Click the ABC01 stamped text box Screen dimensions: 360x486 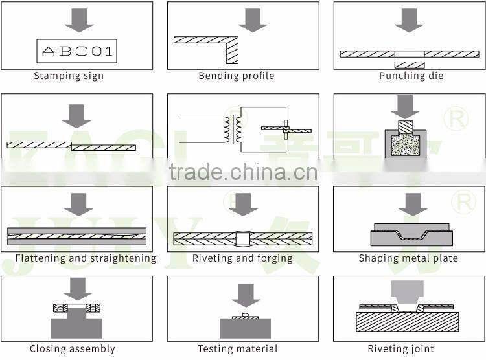[x=76, y=52]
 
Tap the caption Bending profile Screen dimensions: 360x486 [x=237, y=76]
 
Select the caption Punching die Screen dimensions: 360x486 [x=411, y=76]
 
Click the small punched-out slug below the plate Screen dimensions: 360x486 [x=410, y=65]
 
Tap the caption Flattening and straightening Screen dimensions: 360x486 [x=86, y=258]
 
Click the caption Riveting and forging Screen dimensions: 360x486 [x=243, y=258]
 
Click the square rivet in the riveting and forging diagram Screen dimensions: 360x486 [x=242, y=239]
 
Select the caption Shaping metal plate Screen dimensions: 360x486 [x=408, y=258]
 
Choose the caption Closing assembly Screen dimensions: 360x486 [x=73, y=349]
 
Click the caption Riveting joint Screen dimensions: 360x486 [x=401, y=349]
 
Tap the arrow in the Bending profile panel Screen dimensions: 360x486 [x=251, y=20]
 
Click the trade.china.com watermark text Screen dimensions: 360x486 [x=243, y=173]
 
